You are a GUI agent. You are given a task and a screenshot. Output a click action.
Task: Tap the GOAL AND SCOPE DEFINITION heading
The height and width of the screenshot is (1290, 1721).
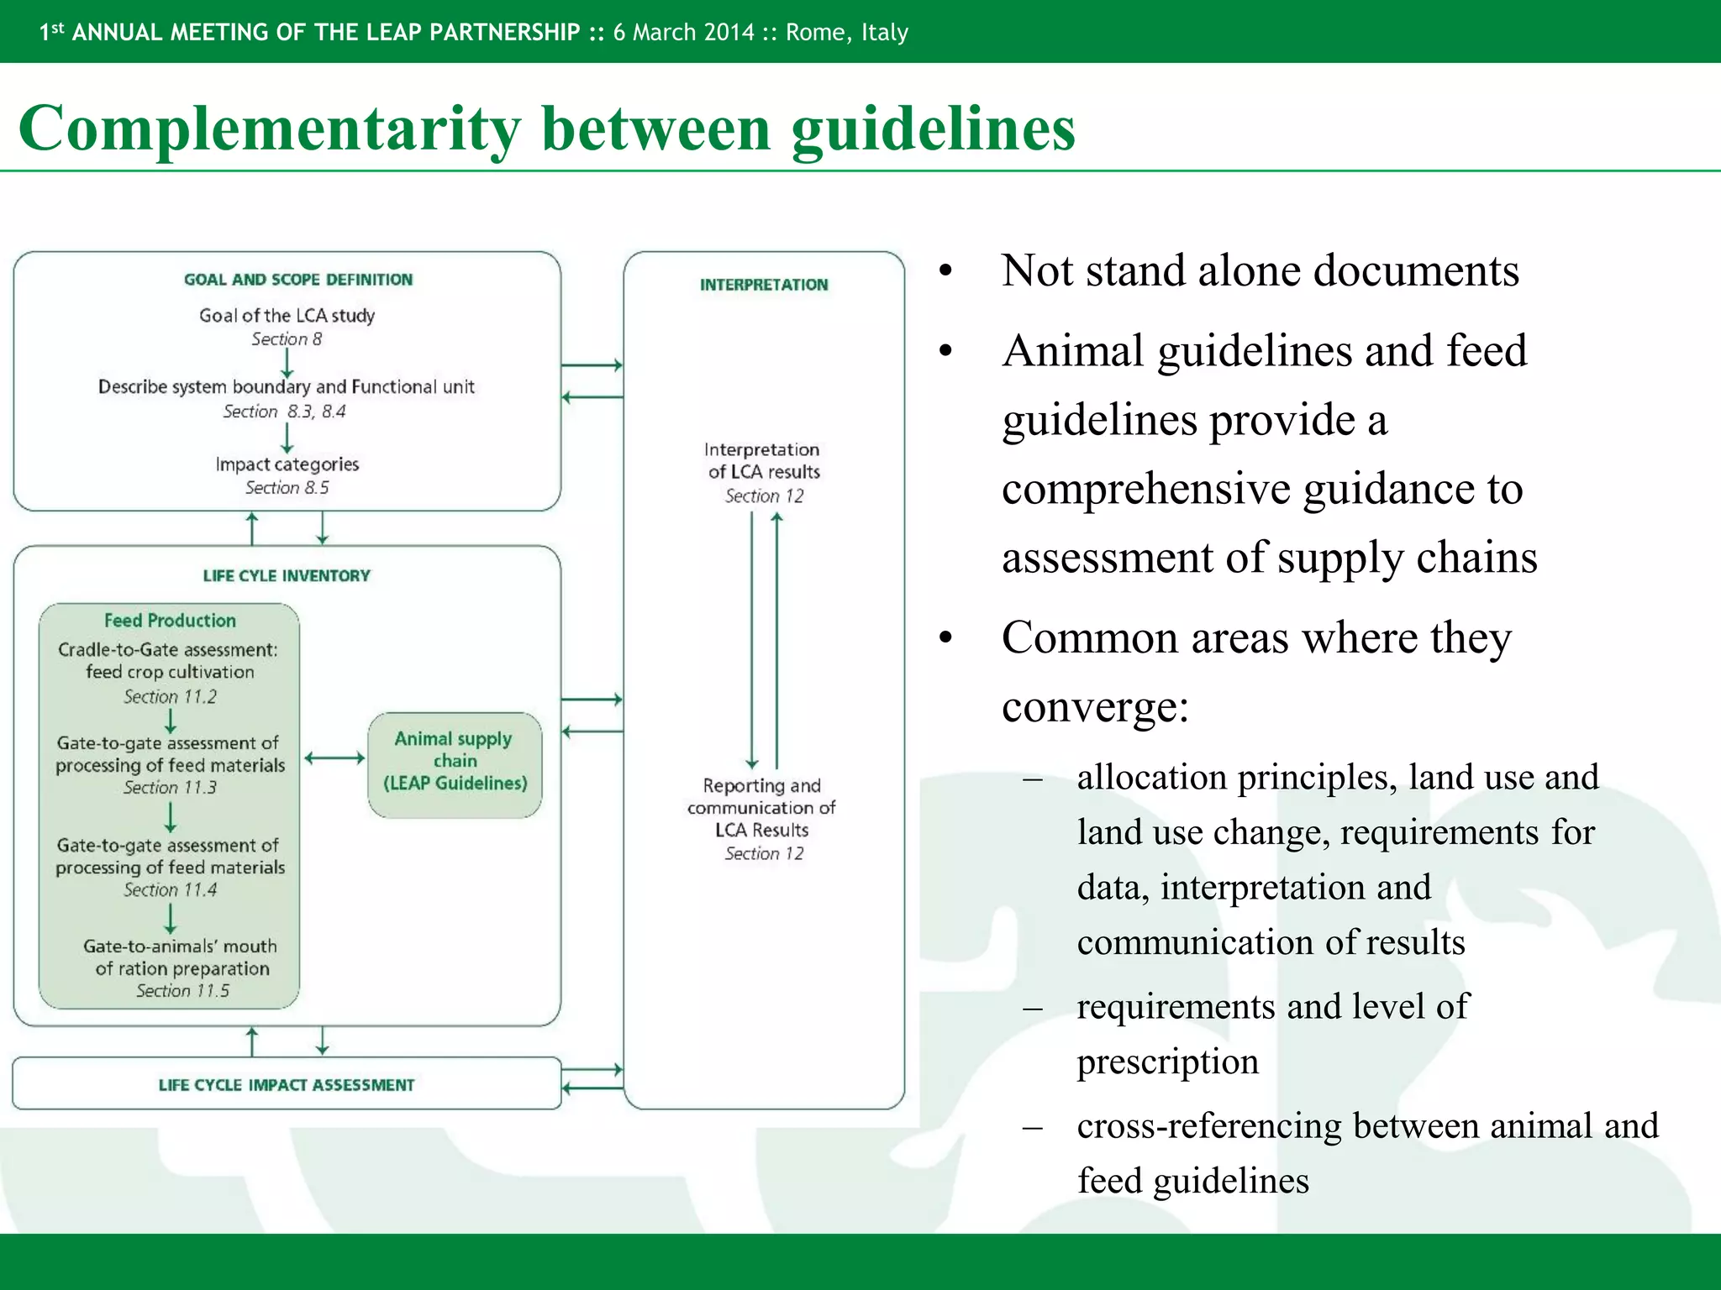coord(298,280)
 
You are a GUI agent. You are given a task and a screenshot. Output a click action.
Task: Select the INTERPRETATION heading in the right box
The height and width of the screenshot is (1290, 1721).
coord(764,285)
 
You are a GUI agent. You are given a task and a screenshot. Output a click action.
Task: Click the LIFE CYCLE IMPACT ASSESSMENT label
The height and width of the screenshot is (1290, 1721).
coord(287,1085)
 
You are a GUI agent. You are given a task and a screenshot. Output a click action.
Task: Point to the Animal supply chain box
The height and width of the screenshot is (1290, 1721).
coord(455,763)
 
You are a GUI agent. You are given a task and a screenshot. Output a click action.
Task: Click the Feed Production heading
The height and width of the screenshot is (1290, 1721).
coord(170,621)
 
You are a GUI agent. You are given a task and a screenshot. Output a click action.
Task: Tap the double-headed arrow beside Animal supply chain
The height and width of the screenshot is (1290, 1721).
coord(334,758)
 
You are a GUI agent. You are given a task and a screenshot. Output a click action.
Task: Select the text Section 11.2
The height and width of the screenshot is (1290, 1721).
coord(170,696)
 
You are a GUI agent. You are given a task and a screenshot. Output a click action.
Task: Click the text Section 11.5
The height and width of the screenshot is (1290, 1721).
coord(182,991)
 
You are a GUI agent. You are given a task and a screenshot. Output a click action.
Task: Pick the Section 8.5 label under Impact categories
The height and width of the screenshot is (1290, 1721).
coord(287,488)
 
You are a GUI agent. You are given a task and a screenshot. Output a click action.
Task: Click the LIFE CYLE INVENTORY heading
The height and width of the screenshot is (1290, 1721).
coord(287,576)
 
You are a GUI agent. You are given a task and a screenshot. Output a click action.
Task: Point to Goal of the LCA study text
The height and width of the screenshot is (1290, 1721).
coord(287,316)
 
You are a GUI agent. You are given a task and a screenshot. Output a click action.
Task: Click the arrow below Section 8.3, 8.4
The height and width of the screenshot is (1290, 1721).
coord(287,438)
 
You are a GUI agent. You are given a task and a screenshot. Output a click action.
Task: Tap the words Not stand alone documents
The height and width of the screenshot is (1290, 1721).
coord(1260,270)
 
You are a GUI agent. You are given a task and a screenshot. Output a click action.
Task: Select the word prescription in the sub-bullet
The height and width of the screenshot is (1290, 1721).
coord(1167,1062)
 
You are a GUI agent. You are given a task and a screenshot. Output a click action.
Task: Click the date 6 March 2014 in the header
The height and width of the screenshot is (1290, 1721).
coord(684,33)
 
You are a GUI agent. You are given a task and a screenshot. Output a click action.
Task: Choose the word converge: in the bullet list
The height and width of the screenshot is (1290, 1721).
coord(1095,706)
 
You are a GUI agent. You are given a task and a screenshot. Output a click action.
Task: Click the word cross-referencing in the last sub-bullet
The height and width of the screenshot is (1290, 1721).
coord(1209,1125)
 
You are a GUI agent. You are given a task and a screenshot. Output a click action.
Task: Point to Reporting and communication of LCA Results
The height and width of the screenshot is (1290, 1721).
coord(761,808)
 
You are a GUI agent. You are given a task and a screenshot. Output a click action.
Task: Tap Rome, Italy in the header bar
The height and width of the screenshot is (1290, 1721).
coord(847,33)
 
